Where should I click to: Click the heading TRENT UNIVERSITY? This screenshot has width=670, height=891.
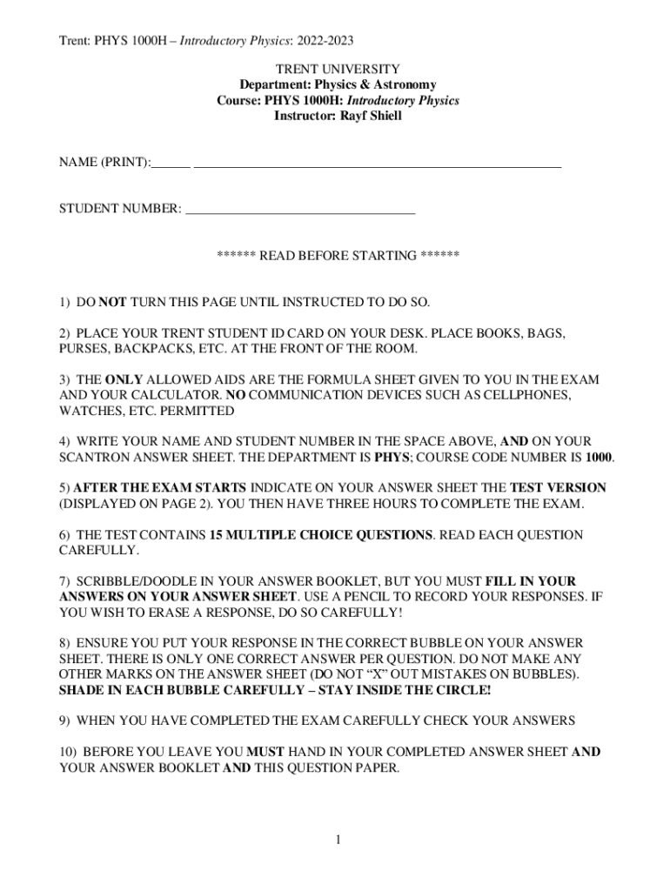coord(338,69)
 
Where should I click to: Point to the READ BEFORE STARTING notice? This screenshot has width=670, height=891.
coord(338,256)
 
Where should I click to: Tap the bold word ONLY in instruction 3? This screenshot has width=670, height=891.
coord(124,380)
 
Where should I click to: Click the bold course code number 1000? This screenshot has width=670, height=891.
coord(599,458)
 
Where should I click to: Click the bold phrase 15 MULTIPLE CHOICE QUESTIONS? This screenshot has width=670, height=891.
coord(321,535)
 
